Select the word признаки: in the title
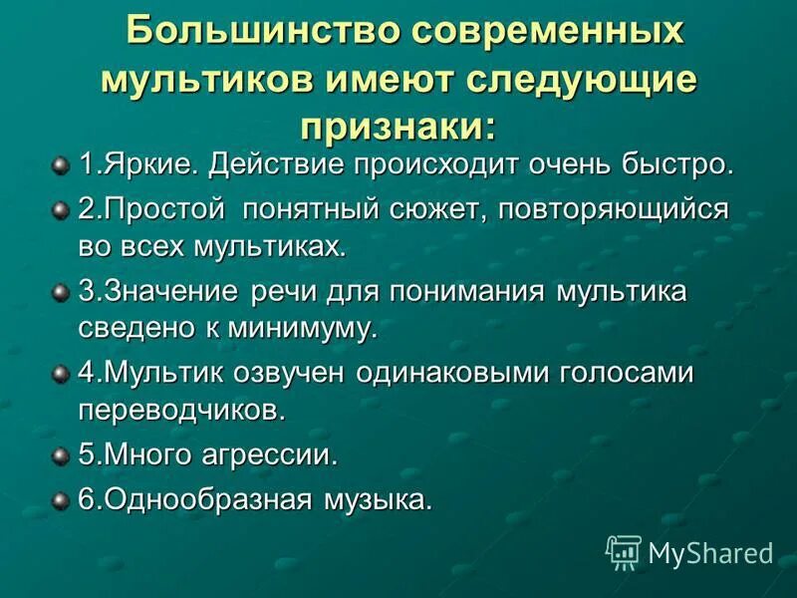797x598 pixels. point(398,126)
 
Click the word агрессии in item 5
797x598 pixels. point(279,455)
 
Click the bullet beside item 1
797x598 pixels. point(61,162)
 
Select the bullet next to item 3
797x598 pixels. point(61,291)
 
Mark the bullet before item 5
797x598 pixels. point(61,454)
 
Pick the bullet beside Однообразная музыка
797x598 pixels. point(61,499)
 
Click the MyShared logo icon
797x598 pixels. point(624,551)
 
